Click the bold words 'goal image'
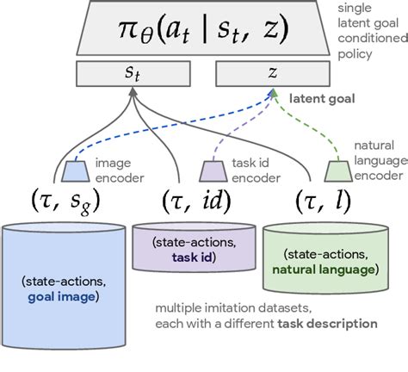click(x=64, y=298)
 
